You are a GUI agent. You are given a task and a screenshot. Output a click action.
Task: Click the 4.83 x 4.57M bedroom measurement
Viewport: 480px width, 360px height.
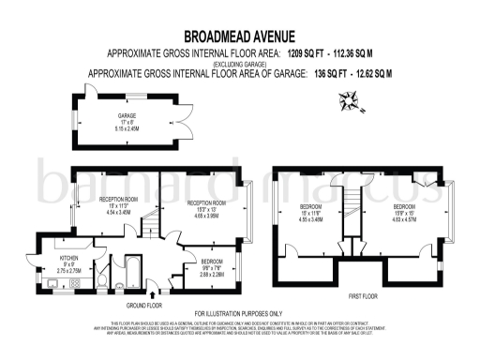pos(405,218)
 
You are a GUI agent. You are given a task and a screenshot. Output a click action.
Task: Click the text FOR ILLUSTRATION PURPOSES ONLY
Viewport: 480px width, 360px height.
pos(238,313)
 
